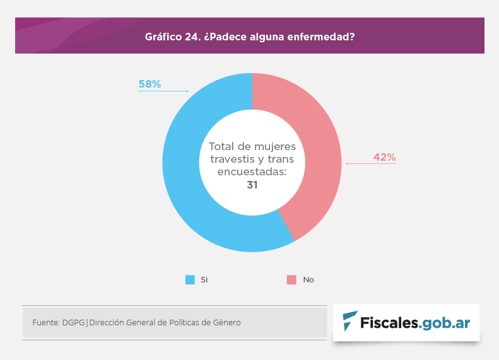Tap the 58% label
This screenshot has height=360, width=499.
pos(150,84)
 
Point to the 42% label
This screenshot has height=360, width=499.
pos(384,157)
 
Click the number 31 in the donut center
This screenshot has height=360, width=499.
pos(252,185)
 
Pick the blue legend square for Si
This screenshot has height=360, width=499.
pos(190,279)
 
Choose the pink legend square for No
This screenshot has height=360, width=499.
pos(291,279)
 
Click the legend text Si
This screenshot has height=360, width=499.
pos(204,279)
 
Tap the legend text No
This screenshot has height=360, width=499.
pos(308,279)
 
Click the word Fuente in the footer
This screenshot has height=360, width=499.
pos(45,323)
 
